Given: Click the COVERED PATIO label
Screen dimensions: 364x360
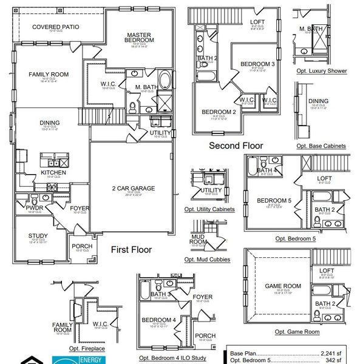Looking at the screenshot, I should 56,27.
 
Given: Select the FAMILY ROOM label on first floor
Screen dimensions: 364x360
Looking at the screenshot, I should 49,75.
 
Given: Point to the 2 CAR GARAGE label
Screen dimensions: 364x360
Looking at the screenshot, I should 133,189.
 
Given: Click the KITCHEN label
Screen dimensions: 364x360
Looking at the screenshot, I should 53,173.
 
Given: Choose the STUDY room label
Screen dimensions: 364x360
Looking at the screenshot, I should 38,236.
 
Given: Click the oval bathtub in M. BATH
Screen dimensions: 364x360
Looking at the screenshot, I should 164,80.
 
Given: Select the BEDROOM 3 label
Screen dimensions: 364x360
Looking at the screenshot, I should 257,64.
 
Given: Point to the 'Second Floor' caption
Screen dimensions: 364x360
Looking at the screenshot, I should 236,146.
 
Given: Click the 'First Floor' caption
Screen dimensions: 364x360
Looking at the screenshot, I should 131,249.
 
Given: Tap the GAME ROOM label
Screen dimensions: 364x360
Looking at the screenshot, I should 283,286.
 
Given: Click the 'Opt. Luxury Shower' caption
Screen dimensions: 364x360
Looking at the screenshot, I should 322,71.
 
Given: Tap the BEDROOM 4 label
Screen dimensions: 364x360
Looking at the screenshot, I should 158,320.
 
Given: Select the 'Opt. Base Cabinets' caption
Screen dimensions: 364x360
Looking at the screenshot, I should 321,146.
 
